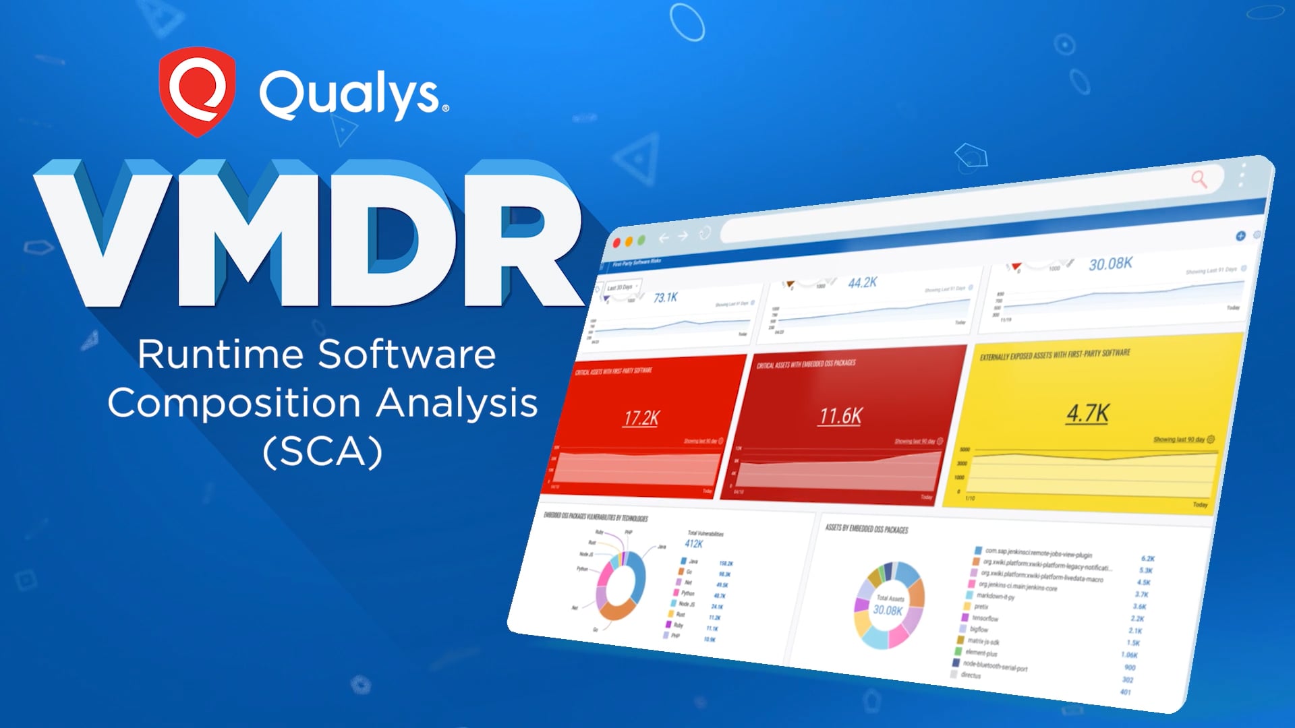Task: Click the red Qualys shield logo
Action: [x=197, y=91]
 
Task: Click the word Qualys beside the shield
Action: [x=351, y=94]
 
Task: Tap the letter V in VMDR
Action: [x=108, y=233]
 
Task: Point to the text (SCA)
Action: [x=322, y=452]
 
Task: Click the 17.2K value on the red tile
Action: [x=641, y=419]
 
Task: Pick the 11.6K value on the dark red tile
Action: [x=840, y=416]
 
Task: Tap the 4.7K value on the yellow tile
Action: [x=1087, y=413]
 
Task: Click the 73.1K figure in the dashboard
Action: [x=665, y=297]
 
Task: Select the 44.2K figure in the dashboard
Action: [x=862, y=282]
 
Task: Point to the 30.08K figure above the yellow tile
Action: [x=1110, y=264]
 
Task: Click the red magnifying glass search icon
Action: [x=1199, y=179]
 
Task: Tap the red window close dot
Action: [x=616, y=243]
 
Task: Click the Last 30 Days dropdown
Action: [x=622, y=287]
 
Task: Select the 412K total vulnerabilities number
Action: [x=694, y=543]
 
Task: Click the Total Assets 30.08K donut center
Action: [x=888, y=605]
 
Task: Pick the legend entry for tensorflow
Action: [x=985, y=618]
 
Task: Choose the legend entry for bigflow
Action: [x=978, y=629]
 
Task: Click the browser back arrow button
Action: [x=664, y=237]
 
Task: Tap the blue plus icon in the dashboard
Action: [x=1240, y=236]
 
